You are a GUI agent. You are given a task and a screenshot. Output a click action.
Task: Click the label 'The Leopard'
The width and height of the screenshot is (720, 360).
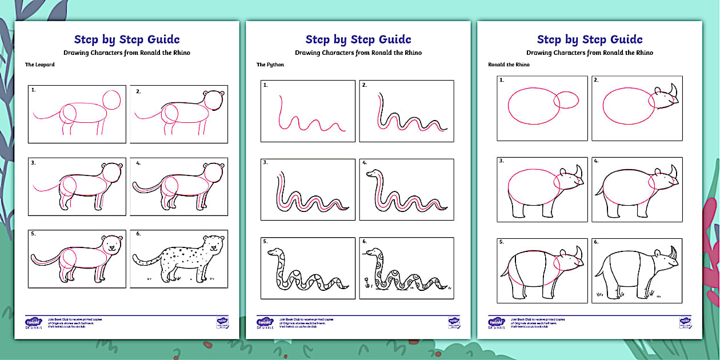[40, 65]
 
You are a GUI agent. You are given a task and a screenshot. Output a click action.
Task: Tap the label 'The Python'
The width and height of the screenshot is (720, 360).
[270, 65]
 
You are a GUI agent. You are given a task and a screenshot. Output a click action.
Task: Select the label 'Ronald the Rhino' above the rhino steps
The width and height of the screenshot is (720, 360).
[509, 65]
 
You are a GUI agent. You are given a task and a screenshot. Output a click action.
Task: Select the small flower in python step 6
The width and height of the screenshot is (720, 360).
[366, 280]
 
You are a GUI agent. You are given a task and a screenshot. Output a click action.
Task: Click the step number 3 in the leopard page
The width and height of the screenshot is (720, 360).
[34, 163]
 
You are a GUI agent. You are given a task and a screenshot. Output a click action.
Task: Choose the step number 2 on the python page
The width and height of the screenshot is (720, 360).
[364, 85]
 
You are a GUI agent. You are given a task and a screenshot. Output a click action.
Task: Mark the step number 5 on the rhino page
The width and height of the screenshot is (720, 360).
[502, 242]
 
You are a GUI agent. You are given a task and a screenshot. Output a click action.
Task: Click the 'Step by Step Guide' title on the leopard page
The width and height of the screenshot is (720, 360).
[127, 39]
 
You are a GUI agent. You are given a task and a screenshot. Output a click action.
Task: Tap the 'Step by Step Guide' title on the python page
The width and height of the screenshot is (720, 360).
[358, 39]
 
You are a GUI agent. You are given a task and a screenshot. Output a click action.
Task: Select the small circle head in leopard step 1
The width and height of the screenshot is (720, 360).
[111, 99]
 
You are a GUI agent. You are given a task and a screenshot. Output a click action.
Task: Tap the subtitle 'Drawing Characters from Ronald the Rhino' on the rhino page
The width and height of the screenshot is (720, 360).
[590, 53]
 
